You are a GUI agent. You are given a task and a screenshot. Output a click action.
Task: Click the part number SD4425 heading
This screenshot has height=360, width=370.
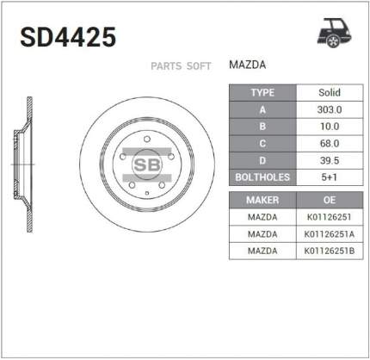pyautogui.click(x=68, y=37)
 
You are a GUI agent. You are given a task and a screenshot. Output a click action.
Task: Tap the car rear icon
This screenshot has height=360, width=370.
pyautogui.click(x=334, y=33)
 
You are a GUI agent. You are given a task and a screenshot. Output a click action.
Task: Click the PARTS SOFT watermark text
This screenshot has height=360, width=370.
pyautogui.click(x=181, y=66)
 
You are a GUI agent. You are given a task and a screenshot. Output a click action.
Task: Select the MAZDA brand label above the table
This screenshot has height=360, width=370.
pyautogui.click(x=247, y=65)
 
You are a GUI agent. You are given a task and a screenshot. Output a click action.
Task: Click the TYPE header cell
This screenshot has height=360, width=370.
pyautogui.click(x=262, y=93)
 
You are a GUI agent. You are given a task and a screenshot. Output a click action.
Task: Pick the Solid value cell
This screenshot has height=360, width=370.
pyautogui.click(x=330, y=92)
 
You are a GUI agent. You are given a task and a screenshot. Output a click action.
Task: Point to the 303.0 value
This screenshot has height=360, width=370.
pyautogui.click(x=330, y=109)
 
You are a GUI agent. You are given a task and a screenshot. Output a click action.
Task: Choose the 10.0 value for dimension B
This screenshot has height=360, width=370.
pyautogui.click(x=330, y=127)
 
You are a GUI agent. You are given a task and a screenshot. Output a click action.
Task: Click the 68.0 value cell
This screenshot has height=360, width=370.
pyautogui.click(x=330, y=144)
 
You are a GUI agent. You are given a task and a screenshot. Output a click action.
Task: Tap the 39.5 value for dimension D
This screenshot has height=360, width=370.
pyautogui.click(x=330, y=160)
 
